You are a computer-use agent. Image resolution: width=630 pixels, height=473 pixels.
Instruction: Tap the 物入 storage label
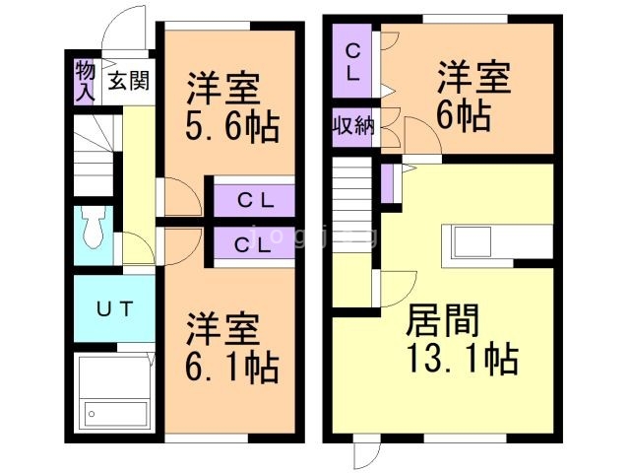pyautogui.click(x=85, y=80)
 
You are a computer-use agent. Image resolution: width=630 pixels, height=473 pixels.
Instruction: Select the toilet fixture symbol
pyautogui.click(x=94, y=230)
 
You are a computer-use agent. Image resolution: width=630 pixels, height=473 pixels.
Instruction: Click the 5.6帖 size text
pyautogui.click(x=230, y=126)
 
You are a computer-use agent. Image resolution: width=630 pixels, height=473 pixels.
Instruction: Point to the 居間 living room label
pyautogui.click(x=446, y=321)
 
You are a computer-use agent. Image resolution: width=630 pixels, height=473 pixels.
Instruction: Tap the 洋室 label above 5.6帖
pyautogui.click(x=223, y=87)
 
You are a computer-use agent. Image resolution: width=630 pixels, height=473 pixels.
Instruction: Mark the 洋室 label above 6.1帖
pyautogui.click(x=223, y=329)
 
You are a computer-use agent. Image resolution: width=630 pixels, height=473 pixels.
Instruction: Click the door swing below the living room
pyautogui.click(x=364, y=453)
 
